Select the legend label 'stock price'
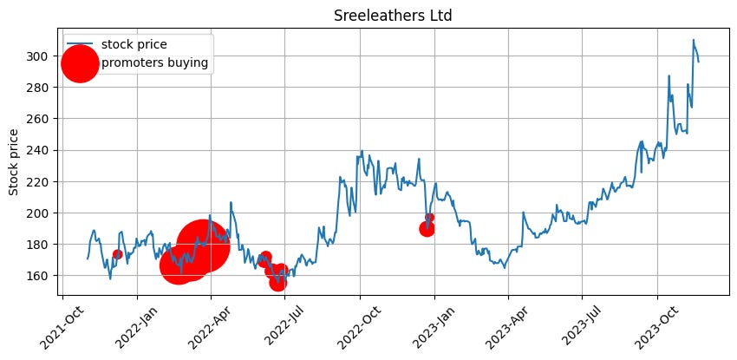pos(134,43)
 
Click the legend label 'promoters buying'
pos(155,62)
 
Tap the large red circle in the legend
pos(80,63)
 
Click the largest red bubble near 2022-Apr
pos(202,245)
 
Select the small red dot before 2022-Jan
pos(117,254)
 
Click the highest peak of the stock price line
pos(694,40)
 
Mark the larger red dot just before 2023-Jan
pos(427,229)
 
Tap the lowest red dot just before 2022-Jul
pos(277,283)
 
